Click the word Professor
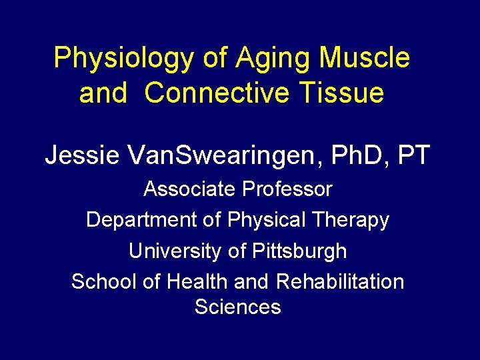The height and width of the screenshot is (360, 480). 287,189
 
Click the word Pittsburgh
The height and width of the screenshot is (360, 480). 299,251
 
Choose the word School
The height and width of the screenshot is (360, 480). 103,281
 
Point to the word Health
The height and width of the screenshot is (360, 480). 197,281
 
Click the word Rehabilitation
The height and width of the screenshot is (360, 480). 339,281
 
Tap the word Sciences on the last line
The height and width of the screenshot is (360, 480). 238,307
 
